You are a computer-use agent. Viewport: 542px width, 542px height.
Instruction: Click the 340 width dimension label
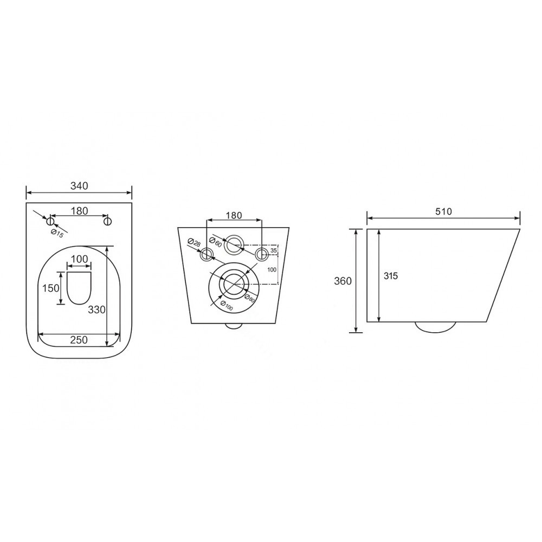[79, 186]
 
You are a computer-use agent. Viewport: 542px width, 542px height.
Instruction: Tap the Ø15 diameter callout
[57, 233]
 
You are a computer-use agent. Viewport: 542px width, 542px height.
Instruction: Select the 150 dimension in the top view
[50, 288]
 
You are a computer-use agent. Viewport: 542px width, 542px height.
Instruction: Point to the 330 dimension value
[96, 310]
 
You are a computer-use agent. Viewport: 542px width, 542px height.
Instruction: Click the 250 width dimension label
[79, 340]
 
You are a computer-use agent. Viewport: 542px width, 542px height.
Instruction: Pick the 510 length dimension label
[443, 211]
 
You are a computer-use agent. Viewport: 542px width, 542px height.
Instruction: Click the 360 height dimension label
[343, 281]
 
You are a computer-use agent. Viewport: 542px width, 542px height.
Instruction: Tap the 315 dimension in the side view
[391, 276]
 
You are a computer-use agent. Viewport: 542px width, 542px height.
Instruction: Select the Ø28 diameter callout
[194, 242]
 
